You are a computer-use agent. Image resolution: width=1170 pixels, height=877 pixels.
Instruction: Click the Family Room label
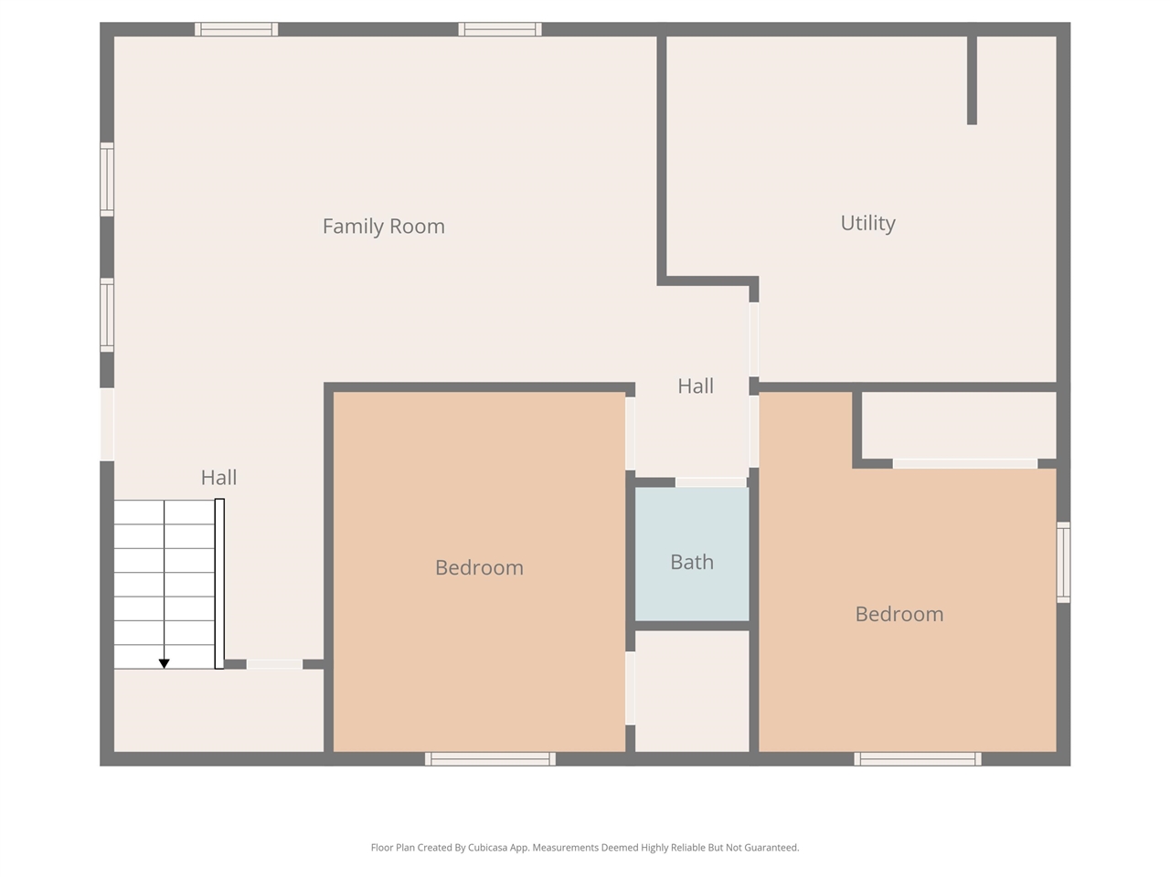coord(383,227)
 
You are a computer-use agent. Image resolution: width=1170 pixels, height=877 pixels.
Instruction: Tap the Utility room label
coord(867,223)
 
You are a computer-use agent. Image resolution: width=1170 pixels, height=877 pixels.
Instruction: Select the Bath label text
coord(692,562)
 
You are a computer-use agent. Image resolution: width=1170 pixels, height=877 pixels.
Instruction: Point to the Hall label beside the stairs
coord(218,477)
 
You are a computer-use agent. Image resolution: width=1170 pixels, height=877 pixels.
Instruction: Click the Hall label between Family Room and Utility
coord(696,386)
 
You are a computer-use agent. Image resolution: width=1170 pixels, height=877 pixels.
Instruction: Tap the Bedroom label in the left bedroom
coord(479,567)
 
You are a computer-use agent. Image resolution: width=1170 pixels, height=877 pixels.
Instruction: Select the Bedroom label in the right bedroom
coord(899,614)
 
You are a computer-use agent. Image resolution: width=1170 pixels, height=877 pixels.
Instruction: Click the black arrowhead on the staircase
coord(165,663)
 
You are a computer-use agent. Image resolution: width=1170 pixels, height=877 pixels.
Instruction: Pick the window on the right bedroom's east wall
coord(1063,562)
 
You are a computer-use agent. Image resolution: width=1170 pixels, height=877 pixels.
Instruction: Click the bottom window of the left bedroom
coord(490,759)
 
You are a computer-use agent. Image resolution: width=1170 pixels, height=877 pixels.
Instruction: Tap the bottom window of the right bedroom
coord(918,759)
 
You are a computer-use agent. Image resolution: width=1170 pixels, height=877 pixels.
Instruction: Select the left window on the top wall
coord(236,29)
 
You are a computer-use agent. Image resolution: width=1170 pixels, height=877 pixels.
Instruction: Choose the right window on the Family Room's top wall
coord(500,29)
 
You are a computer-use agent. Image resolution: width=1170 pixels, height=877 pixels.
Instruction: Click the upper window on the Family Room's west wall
coord(107,179)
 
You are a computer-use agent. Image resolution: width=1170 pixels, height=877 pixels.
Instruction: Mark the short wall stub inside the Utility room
coord(972,80)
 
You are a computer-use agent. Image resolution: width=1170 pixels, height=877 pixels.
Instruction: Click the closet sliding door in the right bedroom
coord(964,464)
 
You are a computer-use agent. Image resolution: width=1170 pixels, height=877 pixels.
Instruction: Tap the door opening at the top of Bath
coord(711,482)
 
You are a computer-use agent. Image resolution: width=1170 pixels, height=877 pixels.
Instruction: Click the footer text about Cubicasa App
coord(585,848)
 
